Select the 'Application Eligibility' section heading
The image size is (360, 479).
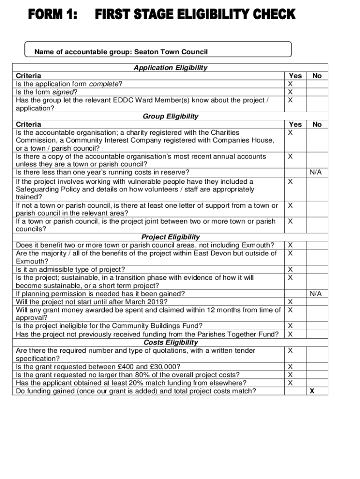(170, 68)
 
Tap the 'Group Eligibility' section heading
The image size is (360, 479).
(170, 116)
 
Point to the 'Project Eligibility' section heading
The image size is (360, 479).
(170, 237)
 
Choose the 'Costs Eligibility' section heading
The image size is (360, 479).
(170, 342)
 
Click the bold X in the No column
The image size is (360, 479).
(312, 391)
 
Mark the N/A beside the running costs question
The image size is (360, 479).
(316, 173)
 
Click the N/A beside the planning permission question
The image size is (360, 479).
(316, 294)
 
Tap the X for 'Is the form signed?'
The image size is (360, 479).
(290, 92)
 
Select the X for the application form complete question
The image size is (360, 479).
(290, 84)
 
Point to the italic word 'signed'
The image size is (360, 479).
(63, 92)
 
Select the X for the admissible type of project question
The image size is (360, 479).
(290, 269)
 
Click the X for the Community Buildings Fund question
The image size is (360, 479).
(290, 326)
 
